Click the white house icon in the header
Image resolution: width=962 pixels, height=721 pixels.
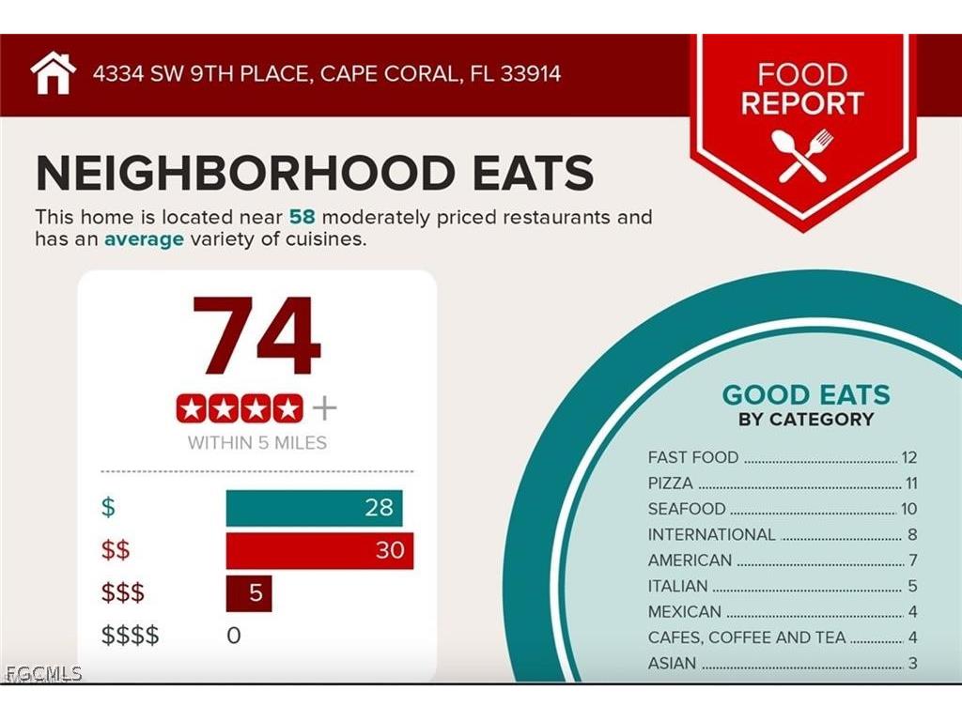53,73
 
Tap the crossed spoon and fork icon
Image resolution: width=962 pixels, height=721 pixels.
801,155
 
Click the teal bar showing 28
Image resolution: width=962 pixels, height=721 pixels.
314,508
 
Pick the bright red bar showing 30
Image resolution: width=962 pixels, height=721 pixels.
319,550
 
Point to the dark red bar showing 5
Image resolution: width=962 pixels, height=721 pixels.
249,593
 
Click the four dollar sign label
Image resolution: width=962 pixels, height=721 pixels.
131,636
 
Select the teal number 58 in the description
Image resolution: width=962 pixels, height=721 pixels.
302,217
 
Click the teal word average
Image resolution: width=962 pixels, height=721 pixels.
144,239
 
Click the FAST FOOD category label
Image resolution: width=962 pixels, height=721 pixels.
693,458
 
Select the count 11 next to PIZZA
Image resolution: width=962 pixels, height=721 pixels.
910,483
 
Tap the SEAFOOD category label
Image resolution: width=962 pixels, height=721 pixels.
687,509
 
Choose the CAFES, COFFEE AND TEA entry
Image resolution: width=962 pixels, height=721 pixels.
747,637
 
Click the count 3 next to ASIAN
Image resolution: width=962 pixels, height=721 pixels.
912,664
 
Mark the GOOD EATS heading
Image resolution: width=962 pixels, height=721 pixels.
805,394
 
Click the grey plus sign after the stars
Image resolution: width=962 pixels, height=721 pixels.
324,408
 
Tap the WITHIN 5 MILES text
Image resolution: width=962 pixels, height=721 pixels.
256,442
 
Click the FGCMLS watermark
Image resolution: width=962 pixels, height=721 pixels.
43,673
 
